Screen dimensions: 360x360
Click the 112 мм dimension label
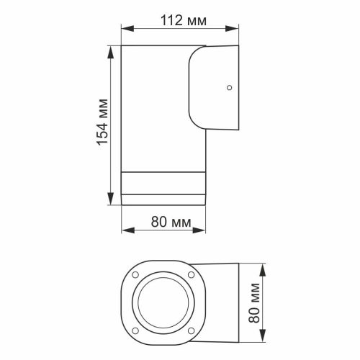180,20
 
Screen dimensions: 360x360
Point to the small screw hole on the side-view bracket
229,89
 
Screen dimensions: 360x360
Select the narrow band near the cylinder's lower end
163,184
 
